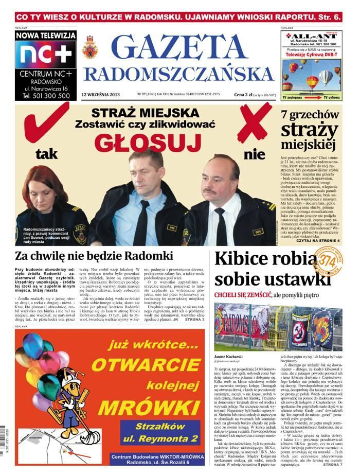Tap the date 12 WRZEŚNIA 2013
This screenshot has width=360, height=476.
pos(100,94)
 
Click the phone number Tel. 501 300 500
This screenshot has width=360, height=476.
pos(45,95)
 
